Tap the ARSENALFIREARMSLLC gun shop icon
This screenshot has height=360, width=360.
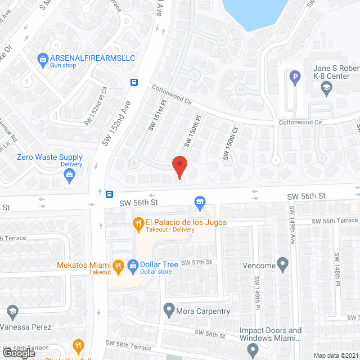(x=43, y=58)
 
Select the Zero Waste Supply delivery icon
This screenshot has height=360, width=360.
(x=69, y=175)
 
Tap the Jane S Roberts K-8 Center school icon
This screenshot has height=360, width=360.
(x=326, y=87)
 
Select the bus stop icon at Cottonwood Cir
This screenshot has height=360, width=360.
(x=135, y=82)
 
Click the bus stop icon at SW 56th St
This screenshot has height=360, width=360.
(x=109, y=194)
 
